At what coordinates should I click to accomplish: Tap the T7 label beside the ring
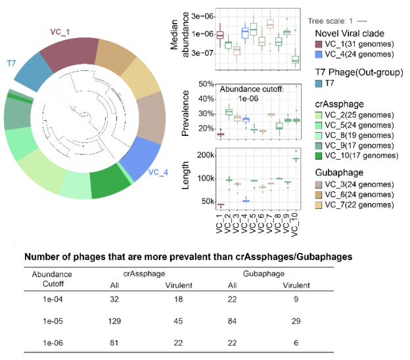[x=11, y=63]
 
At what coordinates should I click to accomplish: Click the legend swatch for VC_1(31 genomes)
[x=321, y=44]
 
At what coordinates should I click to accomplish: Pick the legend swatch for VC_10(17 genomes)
[x=321, y=156]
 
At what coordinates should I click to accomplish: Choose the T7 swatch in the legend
[x=321, y=83]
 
